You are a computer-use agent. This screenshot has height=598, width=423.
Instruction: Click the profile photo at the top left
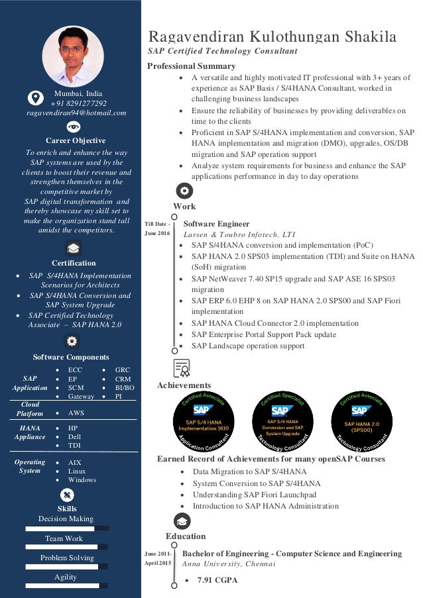[x=73, y=56]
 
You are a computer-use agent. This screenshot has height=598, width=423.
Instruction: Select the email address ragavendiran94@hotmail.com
[x=76, y=113]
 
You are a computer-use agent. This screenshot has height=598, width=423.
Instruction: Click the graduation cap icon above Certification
[x=73, y=248]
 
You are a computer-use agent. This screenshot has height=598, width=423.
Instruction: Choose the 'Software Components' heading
[x=70, y=357]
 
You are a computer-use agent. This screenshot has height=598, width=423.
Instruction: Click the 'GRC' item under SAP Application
[x=123, y=370]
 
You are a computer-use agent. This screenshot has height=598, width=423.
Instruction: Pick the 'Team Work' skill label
[x=64, y=538]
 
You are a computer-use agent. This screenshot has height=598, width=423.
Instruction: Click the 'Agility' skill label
[x=66, y=577]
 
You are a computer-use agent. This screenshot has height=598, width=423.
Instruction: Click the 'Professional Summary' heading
[x=191, y=66]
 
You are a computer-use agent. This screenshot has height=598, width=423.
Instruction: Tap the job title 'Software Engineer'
[x=216, y=224]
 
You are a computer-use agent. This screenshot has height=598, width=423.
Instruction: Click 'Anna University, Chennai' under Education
[x=228, y=564]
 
